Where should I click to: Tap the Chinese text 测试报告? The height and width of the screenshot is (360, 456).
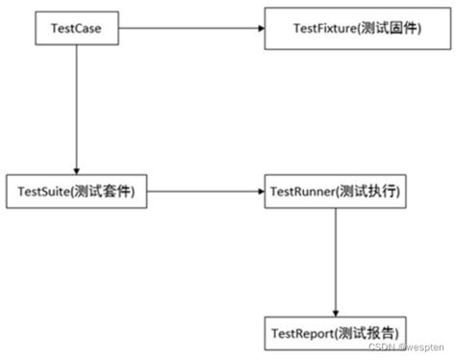tap(368, 333)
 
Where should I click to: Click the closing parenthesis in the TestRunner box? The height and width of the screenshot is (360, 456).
tap(397, 192)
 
